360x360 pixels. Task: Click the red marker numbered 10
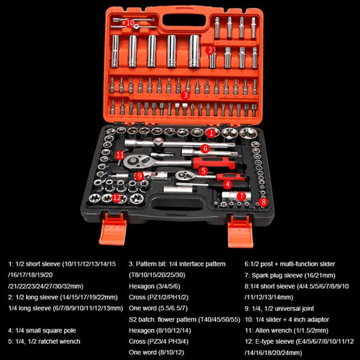131,22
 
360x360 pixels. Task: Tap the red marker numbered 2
210,50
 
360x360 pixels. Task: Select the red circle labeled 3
185,95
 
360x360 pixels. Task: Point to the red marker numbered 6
205,148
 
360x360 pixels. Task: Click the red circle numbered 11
120,155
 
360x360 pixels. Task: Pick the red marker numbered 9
139,176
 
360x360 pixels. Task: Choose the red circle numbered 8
263,202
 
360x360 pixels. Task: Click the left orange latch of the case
112,230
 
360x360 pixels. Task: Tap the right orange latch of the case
242,230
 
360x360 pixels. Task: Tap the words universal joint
298,308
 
